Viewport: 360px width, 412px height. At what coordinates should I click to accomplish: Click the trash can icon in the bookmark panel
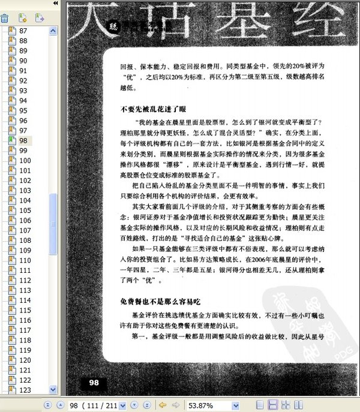tap(5, 18)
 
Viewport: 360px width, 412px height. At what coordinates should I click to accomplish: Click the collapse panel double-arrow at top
tap(56, 4)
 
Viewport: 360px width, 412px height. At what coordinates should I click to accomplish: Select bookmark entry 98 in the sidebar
tap(23, 140)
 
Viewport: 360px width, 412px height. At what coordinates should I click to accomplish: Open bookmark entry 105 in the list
tap(25, 210)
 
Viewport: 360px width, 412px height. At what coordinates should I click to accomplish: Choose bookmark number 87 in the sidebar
tap(23, 31)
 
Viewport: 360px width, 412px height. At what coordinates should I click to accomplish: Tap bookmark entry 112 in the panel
tap(25, 281)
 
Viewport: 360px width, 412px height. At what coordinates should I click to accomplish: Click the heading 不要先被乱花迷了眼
tap(153, 110)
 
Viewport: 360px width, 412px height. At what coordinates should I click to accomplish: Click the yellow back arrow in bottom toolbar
tap(162, 405)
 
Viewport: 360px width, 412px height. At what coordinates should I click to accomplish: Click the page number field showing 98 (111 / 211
tap(96, 405)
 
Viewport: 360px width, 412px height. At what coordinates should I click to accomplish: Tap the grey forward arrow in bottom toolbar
tap(175, 405)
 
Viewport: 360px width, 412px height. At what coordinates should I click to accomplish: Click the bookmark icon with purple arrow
tap(40, 18)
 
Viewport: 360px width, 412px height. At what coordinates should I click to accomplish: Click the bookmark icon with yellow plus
tap(22, 18)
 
